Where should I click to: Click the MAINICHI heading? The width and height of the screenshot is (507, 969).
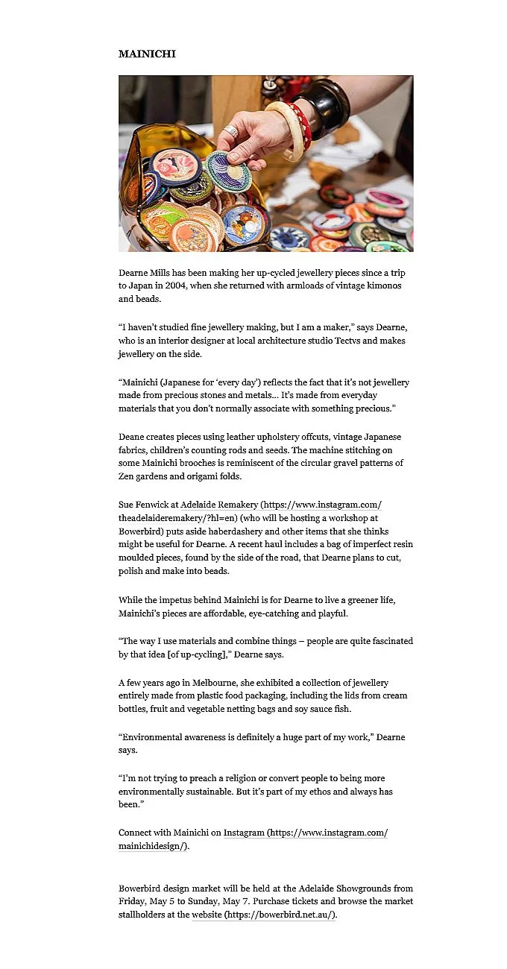(147, 54)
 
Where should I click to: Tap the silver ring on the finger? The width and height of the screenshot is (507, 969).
(232, 132)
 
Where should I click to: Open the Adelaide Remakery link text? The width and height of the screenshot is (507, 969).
(218, 505)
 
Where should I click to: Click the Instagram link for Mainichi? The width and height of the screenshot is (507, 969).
(243, 833)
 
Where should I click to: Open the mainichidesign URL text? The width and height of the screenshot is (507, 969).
(153, 846)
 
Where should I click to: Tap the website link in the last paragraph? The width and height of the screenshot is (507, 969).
(207, 915)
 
